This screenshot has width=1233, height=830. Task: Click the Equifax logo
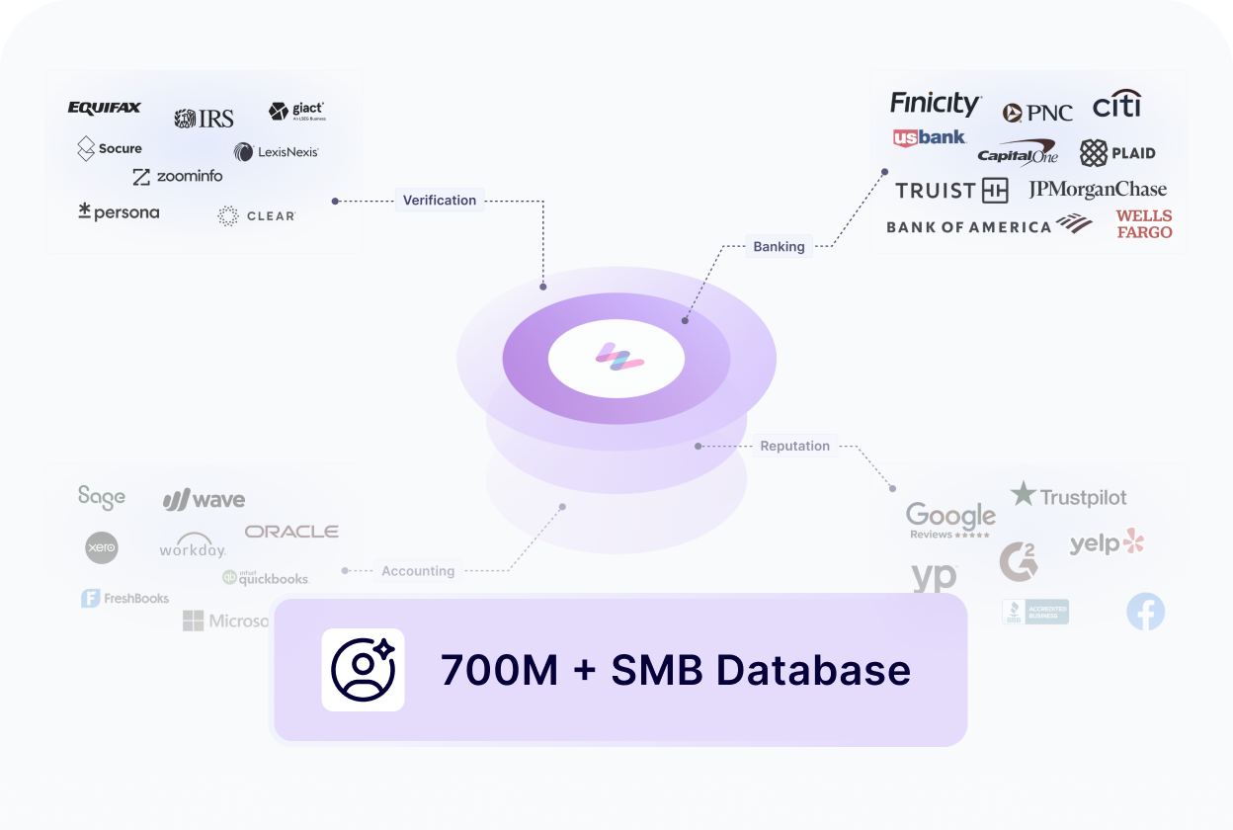[105, 108]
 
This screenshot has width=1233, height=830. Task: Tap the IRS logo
[205, 119]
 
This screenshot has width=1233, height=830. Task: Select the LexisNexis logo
[277, 152]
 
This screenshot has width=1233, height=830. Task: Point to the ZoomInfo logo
[178, 176]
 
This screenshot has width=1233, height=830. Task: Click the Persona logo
[119, 211]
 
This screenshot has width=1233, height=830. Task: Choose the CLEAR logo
[257, 215]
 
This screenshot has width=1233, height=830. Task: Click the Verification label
[440, 201]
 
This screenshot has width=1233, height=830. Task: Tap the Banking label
[779, 246]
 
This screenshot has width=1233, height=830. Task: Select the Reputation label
[794, 446]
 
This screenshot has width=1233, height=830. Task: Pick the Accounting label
[418, 571]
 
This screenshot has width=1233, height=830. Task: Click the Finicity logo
[935, 104]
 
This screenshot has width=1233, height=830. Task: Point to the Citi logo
[1116, 104]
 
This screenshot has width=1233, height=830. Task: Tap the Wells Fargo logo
[1144, 224]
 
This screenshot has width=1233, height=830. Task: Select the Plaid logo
[1117, 153]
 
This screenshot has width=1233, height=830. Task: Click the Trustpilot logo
[1069, 496]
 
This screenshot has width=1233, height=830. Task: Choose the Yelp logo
[1107, 542]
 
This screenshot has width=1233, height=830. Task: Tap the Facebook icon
[1146, 613]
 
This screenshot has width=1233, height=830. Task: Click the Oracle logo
[291, 532]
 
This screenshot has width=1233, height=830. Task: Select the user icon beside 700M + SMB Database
[363, 670]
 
